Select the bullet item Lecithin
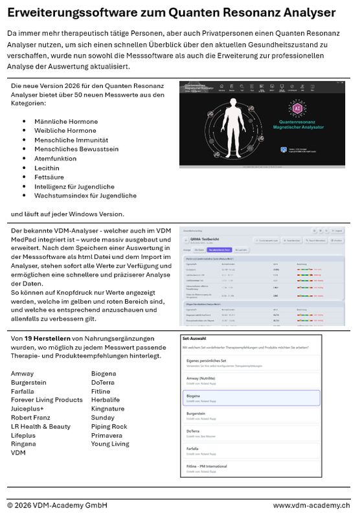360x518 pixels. (x=49, y=168)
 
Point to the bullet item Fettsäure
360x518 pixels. (x=50, y=177)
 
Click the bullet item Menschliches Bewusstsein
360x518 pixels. (x=76, y=149)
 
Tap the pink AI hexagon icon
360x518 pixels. (x=298, y=107)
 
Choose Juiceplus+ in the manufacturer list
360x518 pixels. (x=28, y=409)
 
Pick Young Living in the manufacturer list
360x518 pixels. (x=110, y=444)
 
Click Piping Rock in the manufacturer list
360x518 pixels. (x=109, y=427)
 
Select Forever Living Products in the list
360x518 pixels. (x=47, y=400)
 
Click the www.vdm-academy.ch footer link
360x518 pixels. (x=311, y=505)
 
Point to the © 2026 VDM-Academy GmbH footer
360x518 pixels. (x=57, y=505)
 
